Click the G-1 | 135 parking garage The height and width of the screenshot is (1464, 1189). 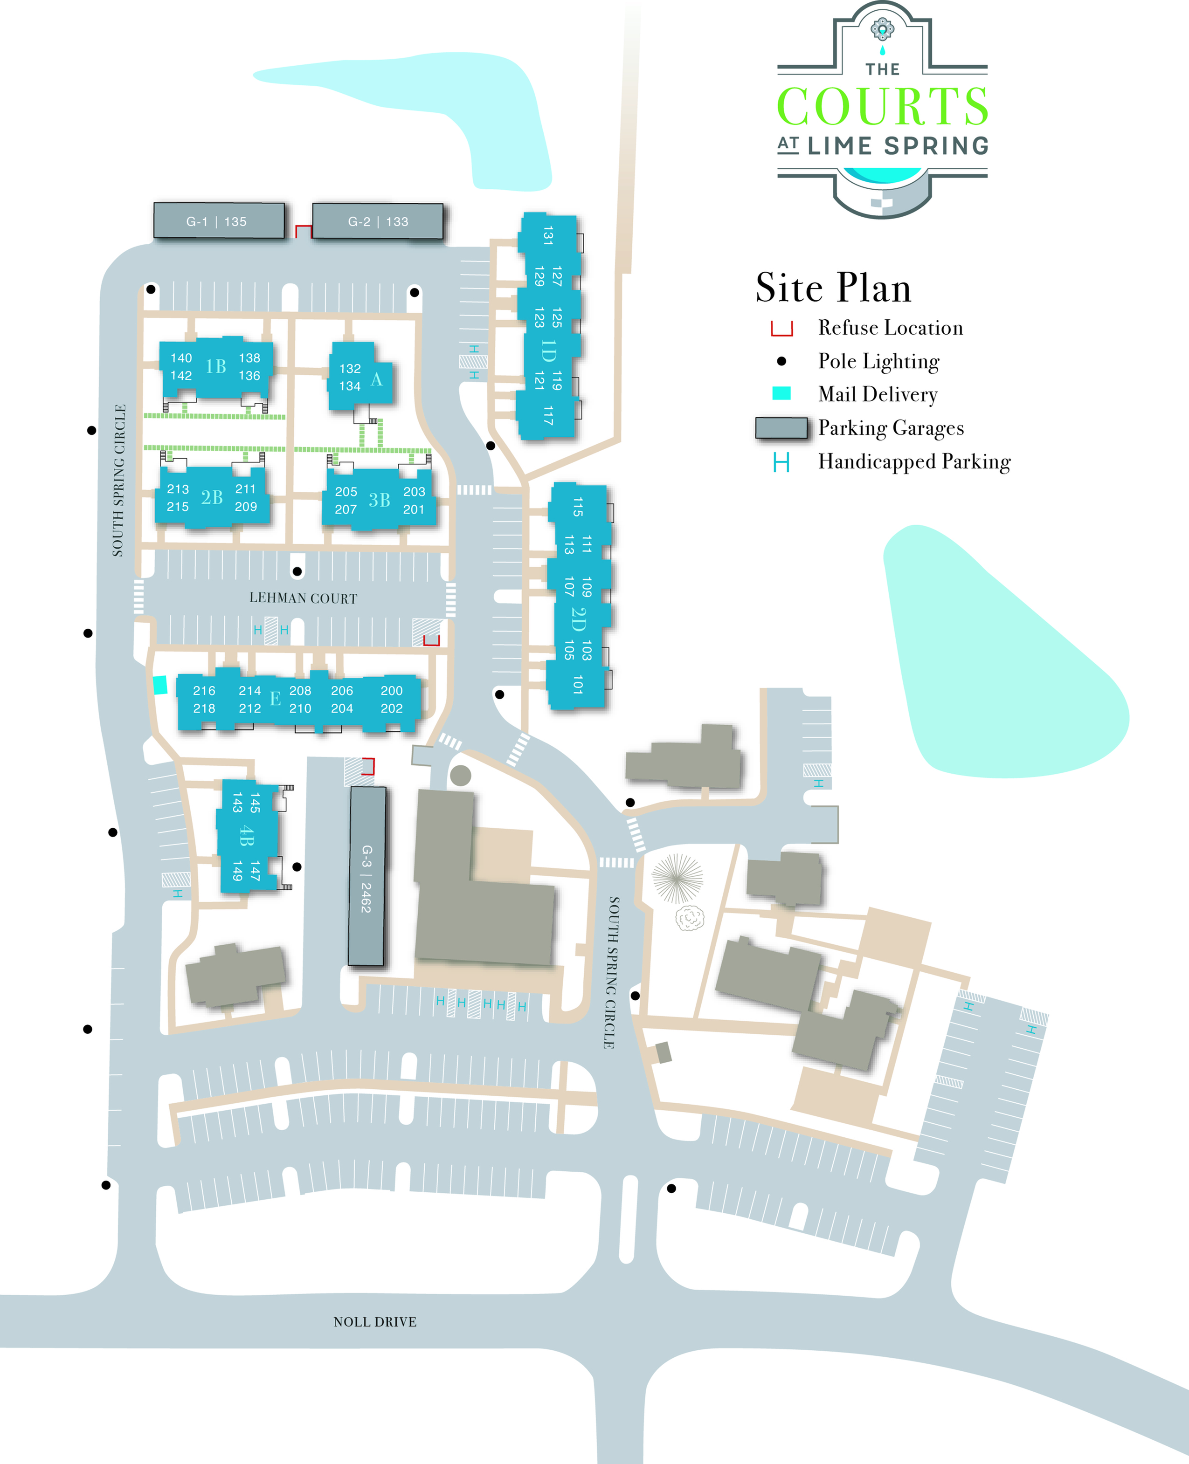(x=219, y=220)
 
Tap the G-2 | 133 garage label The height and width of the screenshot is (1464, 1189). (x=378, y=222)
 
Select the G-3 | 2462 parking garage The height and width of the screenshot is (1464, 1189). (x=367, y=876)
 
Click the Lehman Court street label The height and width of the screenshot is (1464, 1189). (x=304, y=598)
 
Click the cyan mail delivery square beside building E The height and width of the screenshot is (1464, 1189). (x=159, y=685)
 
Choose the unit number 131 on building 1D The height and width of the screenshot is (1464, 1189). (x=548, y=235)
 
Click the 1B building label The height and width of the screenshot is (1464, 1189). (x=216, y=366)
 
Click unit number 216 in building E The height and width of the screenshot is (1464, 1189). (x=204, y=690)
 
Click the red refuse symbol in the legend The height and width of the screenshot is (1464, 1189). (x=781, y=329)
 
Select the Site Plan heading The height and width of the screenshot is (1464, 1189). (x=834, y=287)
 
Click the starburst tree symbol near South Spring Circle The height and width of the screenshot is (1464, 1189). (x=677, y=879)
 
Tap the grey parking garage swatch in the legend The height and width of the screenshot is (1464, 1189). (x=781, y=427)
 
